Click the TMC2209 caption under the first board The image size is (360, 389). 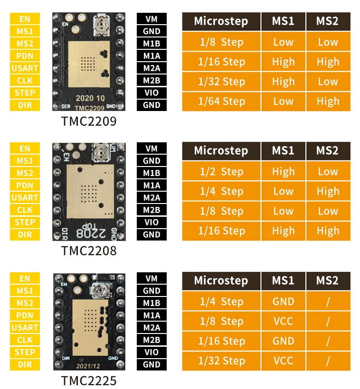click(89, 122)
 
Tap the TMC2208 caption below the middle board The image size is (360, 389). click(89, 251)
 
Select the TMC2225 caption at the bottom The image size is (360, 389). click(89, 380)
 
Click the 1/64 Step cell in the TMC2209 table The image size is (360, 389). click(221, 101)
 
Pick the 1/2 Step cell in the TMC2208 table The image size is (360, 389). click(221, 172)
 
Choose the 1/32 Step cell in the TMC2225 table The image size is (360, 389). click(221, 361)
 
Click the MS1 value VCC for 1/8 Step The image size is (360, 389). click(283, 321)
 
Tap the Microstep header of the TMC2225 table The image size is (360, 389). click(221, 280)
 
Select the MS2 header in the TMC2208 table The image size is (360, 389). click(328, 151)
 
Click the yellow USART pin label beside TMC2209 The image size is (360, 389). click(25, 68)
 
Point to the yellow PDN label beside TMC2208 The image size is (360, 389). click(25, 185)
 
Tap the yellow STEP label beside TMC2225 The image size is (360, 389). click(25, 352)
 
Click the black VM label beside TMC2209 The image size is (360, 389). click(152, 19)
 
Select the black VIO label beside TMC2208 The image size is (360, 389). click(152, 222)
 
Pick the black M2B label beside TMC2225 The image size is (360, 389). click(152, 340)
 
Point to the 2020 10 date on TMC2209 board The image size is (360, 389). click(88, 98)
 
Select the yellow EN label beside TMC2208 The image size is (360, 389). click(25, 149)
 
